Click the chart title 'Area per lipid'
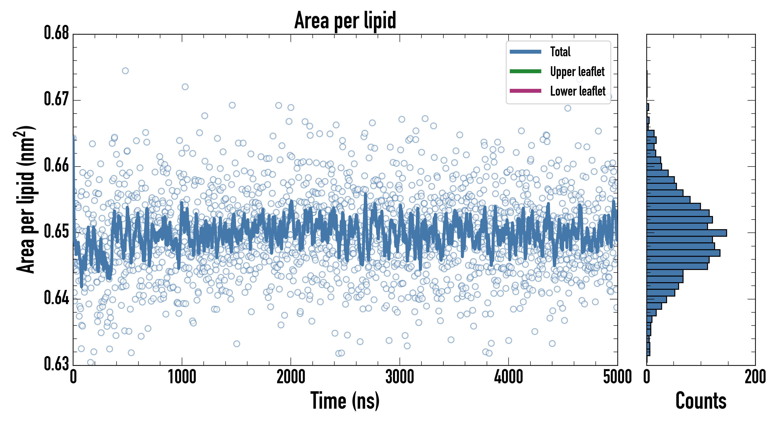coord(345,20)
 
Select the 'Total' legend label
coord(560,52)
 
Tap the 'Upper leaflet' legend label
coord(577,72)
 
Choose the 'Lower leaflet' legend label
coord(578,91)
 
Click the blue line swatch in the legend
coord(525,52)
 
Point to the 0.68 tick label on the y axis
coord(57,33)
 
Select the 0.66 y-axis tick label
coord(57,165)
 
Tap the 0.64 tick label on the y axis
coord(57,298)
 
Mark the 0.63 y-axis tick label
coord(57,364)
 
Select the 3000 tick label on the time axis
coord(400,377)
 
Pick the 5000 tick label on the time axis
coord(617,377)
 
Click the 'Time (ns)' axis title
coord(345,401)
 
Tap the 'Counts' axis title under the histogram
coord(701,401)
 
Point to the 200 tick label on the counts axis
coord(755,377)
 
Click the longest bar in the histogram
coord(687,233)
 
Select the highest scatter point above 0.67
coord(125,71)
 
